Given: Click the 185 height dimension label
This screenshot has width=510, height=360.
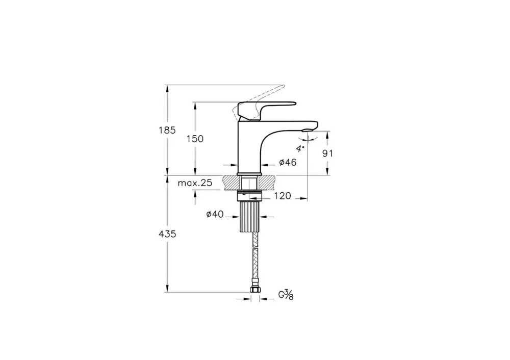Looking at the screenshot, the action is (167, 130).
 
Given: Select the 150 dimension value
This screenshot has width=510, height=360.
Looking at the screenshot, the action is (195, 139).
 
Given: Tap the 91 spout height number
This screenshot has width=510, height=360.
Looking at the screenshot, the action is (327, 153).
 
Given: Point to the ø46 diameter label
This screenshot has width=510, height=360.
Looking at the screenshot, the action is (288, 162).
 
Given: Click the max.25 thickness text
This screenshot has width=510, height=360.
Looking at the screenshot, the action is (195, 183).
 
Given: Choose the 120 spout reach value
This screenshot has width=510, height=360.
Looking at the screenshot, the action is (283, 196).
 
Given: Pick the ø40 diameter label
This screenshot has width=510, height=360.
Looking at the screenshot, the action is (215, 214).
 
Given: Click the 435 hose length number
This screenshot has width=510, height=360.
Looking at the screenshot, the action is (167, 234).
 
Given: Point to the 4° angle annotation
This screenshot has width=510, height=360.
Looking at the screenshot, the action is (300, 148).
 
